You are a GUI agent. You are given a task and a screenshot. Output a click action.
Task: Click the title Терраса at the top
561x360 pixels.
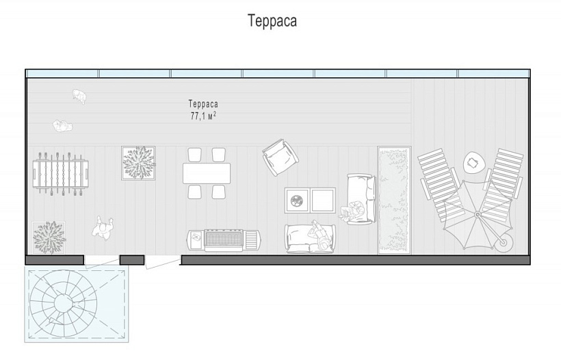(x=272, y=21)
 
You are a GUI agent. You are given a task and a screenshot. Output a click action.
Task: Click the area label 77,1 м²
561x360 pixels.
(x=203, y=116)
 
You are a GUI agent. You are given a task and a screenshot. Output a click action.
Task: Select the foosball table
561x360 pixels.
(x=61, y=173)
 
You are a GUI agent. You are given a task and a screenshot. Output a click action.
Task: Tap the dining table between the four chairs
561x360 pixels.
(x=207, y=174)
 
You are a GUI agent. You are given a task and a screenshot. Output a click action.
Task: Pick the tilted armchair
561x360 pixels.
(x=280, y=158)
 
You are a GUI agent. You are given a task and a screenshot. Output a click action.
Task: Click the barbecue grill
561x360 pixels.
(x=224, y=239)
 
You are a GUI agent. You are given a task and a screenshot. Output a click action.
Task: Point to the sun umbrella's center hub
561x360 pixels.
(x=477, y=214)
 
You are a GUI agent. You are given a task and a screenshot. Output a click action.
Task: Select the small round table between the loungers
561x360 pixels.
(x=474, y=163)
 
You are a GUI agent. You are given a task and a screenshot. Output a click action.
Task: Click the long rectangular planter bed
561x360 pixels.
(x=394, y=200)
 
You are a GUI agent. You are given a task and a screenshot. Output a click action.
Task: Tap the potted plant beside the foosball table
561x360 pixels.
(x=138, y=163)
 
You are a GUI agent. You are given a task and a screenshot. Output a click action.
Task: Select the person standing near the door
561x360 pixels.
(x=103, y=229)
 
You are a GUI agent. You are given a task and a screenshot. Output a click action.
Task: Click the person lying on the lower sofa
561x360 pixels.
(x=318, y=236)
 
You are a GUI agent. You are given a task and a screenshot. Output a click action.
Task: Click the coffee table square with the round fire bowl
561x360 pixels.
(x=297, y=201)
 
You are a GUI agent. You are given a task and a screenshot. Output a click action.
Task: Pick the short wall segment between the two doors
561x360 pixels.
(x=131, y=260)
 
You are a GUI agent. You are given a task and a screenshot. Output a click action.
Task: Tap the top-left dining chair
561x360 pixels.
(x=195, y=155)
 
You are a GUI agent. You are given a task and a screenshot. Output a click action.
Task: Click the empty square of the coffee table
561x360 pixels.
(x=323, y=201)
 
